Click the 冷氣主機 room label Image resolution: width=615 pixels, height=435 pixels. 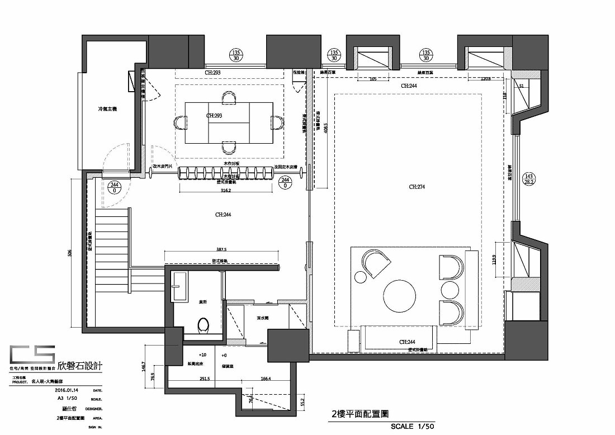click(107, 110)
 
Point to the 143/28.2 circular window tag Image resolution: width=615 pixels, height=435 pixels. click(528, 178)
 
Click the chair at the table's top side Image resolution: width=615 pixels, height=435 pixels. click(229, 98)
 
